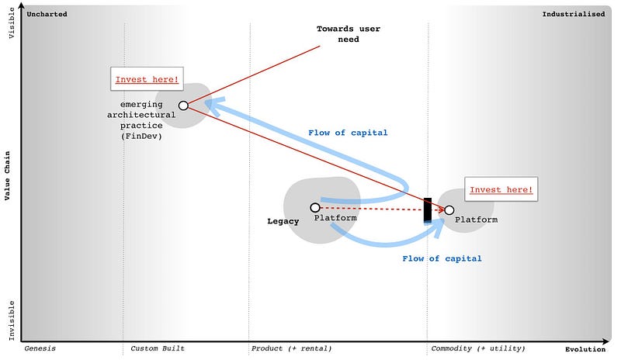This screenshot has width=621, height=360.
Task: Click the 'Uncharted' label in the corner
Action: pyautogui.click(x=47, y=14)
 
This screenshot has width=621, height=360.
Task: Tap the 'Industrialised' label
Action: pyautogui.click(x=573, y=14)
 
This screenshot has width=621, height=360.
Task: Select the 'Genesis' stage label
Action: pyautogui.click(x=40, y=348)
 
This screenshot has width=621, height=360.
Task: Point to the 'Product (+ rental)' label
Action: pyautogui.click(x=291, y=348)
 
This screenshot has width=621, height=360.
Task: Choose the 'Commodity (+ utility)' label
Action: pyautogui.click(x=477, y=348)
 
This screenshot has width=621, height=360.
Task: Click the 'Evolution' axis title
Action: pyautogui.click(x=585, y=348)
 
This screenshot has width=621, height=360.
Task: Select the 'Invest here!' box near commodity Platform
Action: pyautogui.click(x=501, y=189)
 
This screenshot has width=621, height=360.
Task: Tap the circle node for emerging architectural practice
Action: pyautogui.click(x=183, y=106)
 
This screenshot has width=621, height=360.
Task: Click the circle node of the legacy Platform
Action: pyautogui.click(x=315, y=207)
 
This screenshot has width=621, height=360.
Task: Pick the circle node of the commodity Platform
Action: pyautogui.click(x=449, y=209)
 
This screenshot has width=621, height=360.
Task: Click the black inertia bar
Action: pyautogui.click(x=428, y=210)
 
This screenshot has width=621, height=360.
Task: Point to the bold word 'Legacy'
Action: pyautogui.click(x=283, y=221)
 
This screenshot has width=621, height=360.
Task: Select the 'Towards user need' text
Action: pyautogui.click(x=348, y=34)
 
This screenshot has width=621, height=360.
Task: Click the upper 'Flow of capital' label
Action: pyautogui.click(x=347, y=133)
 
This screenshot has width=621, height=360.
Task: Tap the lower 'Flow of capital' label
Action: pyautogui.click(x=442, y=258)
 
